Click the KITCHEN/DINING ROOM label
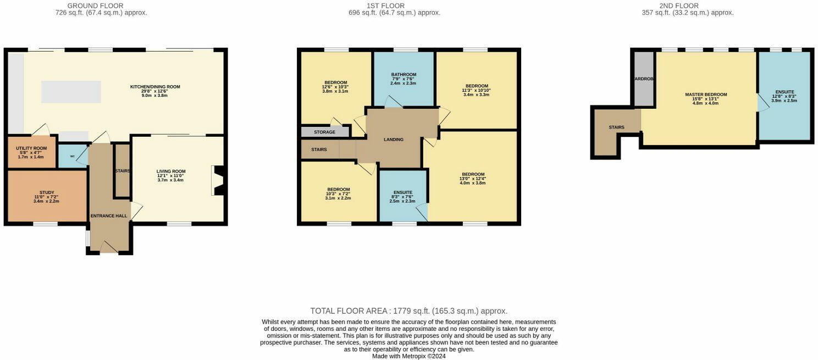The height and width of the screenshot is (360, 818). [154, 87]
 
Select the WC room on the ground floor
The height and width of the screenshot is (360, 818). [72, 156]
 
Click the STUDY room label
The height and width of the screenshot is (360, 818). [46, 192]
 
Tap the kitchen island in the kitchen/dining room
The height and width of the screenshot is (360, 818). [71, 91]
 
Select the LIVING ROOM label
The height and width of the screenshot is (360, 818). [170, 171]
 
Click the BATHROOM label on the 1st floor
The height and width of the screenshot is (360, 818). [404, 75]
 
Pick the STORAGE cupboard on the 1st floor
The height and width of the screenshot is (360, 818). [324, 132]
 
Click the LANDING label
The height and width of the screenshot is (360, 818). [393, 140]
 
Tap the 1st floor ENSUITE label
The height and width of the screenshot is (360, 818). [402, 192]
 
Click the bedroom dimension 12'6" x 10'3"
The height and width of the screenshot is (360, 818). [335, 87]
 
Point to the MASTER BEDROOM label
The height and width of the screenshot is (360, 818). [705, 95]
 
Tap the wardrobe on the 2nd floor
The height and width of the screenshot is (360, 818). [644, 79]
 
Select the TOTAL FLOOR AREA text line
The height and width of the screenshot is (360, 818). [408, 311]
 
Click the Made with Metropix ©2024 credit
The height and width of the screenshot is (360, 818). [408, 356]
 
